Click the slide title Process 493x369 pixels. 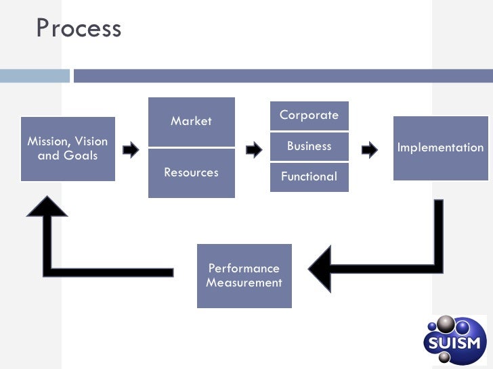coord(79,28)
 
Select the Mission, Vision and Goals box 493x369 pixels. coord(68,149)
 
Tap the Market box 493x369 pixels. coord(191,122)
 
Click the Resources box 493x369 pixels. coord(191,173)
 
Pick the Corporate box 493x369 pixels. coord(309,116)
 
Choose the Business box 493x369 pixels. coord(309,146)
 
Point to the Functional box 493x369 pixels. coord(309,177)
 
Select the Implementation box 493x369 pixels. coord(440,148)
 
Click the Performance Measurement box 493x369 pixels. coord(244,276)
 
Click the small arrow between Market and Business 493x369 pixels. coord(253,149)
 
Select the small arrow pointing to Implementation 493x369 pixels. coord(370,149)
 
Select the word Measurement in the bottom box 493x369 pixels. coord(244,283)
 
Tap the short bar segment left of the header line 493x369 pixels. coord(33,76)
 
